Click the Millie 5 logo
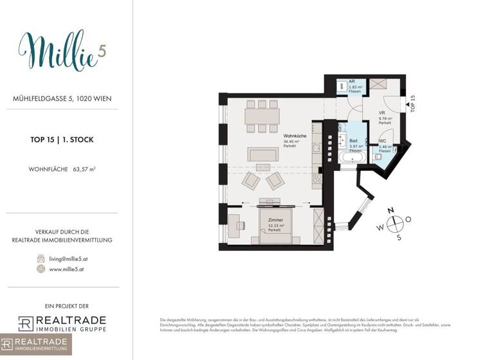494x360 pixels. pos(61,50)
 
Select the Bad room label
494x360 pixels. pos(352,140)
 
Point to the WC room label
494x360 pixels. pos(382,141)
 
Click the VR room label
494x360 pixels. pos(381,113)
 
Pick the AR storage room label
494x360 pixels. pos(352,82)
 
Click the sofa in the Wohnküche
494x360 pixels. pos(263,154)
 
